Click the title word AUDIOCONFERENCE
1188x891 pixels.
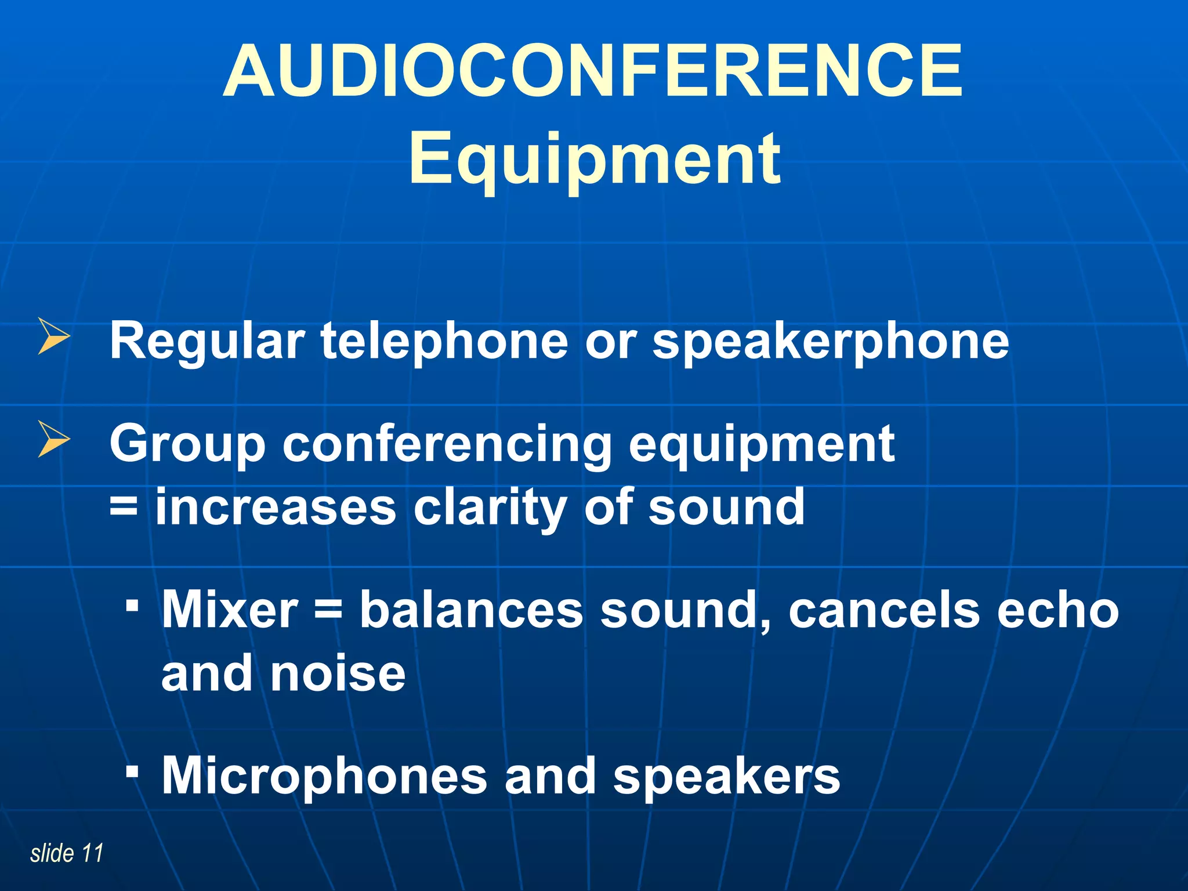click(593, 71)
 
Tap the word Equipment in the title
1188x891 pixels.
click(594, 158)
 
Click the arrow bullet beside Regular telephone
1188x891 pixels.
click(53, 336)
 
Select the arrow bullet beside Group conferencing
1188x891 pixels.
click(53, 439)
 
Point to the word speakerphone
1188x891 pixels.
click(831, 342)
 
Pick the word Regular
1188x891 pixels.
click(207, 342)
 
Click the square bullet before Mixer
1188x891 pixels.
click(133, 607)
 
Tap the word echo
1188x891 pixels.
click(1057, 611)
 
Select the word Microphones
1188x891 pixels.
click(324, 777)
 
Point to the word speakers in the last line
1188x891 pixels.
click(726, 778)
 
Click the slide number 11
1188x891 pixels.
click(92, 853)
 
